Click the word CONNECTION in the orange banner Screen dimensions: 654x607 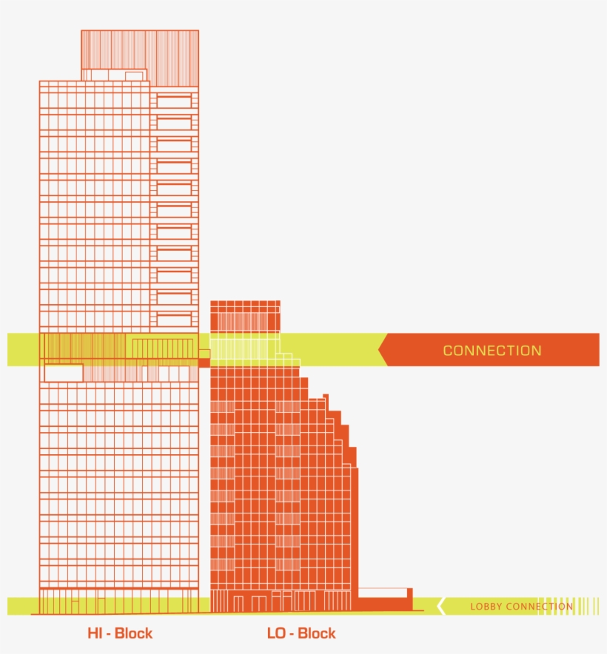(492, 351)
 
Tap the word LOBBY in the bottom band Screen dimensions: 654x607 (486, 607)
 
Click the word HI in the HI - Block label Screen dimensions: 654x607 (94, 633)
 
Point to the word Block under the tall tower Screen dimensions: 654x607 (133, 633)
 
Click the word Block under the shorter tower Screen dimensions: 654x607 (316, 633)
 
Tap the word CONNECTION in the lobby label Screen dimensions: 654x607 (539, 607)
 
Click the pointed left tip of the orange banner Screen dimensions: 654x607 (380, 350)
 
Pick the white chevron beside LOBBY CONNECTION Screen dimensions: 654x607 (440, 606)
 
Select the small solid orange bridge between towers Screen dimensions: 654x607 (204, 363)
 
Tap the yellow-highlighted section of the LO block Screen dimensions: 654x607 (245, 348)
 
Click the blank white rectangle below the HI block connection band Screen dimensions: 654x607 (63, 373)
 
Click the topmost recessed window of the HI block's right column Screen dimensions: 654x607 (175, 101)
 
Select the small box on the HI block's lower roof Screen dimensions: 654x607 (135, 75)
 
